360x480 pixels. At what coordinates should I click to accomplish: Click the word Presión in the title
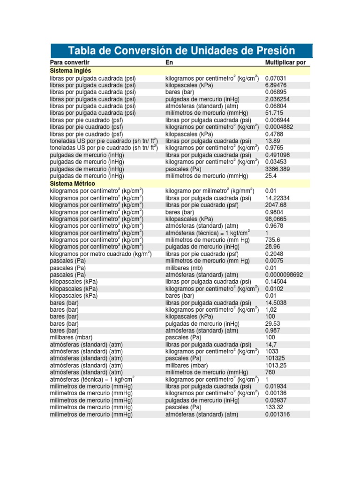272,51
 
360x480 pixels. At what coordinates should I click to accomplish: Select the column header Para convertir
70,62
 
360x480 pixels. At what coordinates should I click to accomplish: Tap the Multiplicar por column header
285,62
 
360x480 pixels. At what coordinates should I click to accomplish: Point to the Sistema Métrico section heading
73,183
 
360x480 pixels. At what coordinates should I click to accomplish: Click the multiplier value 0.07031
276,78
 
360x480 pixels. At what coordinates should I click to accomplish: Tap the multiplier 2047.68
276,205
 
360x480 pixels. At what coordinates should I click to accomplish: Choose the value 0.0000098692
287,275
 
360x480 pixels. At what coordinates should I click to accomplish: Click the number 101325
275,358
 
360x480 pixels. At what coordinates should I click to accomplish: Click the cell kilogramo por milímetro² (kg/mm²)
210,191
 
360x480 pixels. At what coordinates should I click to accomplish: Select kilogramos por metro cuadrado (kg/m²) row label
101,254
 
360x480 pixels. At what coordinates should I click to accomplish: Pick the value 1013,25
276,365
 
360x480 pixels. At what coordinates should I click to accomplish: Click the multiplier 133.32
274,407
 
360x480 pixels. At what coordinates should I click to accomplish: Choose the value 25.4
271,176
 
